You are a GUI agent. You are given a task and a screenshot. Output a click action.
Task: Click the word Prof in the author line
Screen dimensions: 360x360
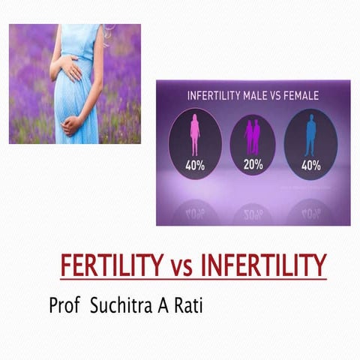coord(64,307)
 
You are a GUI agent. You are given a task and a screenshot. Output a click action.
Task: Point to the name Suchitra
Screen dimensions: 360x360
coord(121,307)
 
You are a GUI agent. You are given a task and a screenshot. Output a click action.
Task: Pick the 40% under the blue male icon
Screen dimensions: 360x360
coord(310,166)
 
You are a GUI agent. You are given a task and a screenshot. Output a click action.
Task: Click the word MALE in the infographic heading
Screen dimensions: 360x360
coord(254,96)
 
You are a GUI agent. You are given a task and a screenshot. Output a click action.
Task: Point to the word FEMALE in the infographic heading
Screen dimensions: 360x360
coord(299,96)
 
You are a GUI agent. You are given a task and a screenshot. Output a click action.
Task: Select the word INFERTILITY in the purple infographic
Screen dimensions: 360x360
coord(211,96)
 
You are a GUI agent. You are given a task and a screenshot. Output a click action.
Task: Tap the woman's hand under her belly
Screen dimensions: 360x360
coord(71,124)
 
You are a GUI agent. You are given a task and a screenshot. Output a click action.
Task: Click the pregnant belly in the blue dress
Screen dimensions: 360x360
coord(81,97)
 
